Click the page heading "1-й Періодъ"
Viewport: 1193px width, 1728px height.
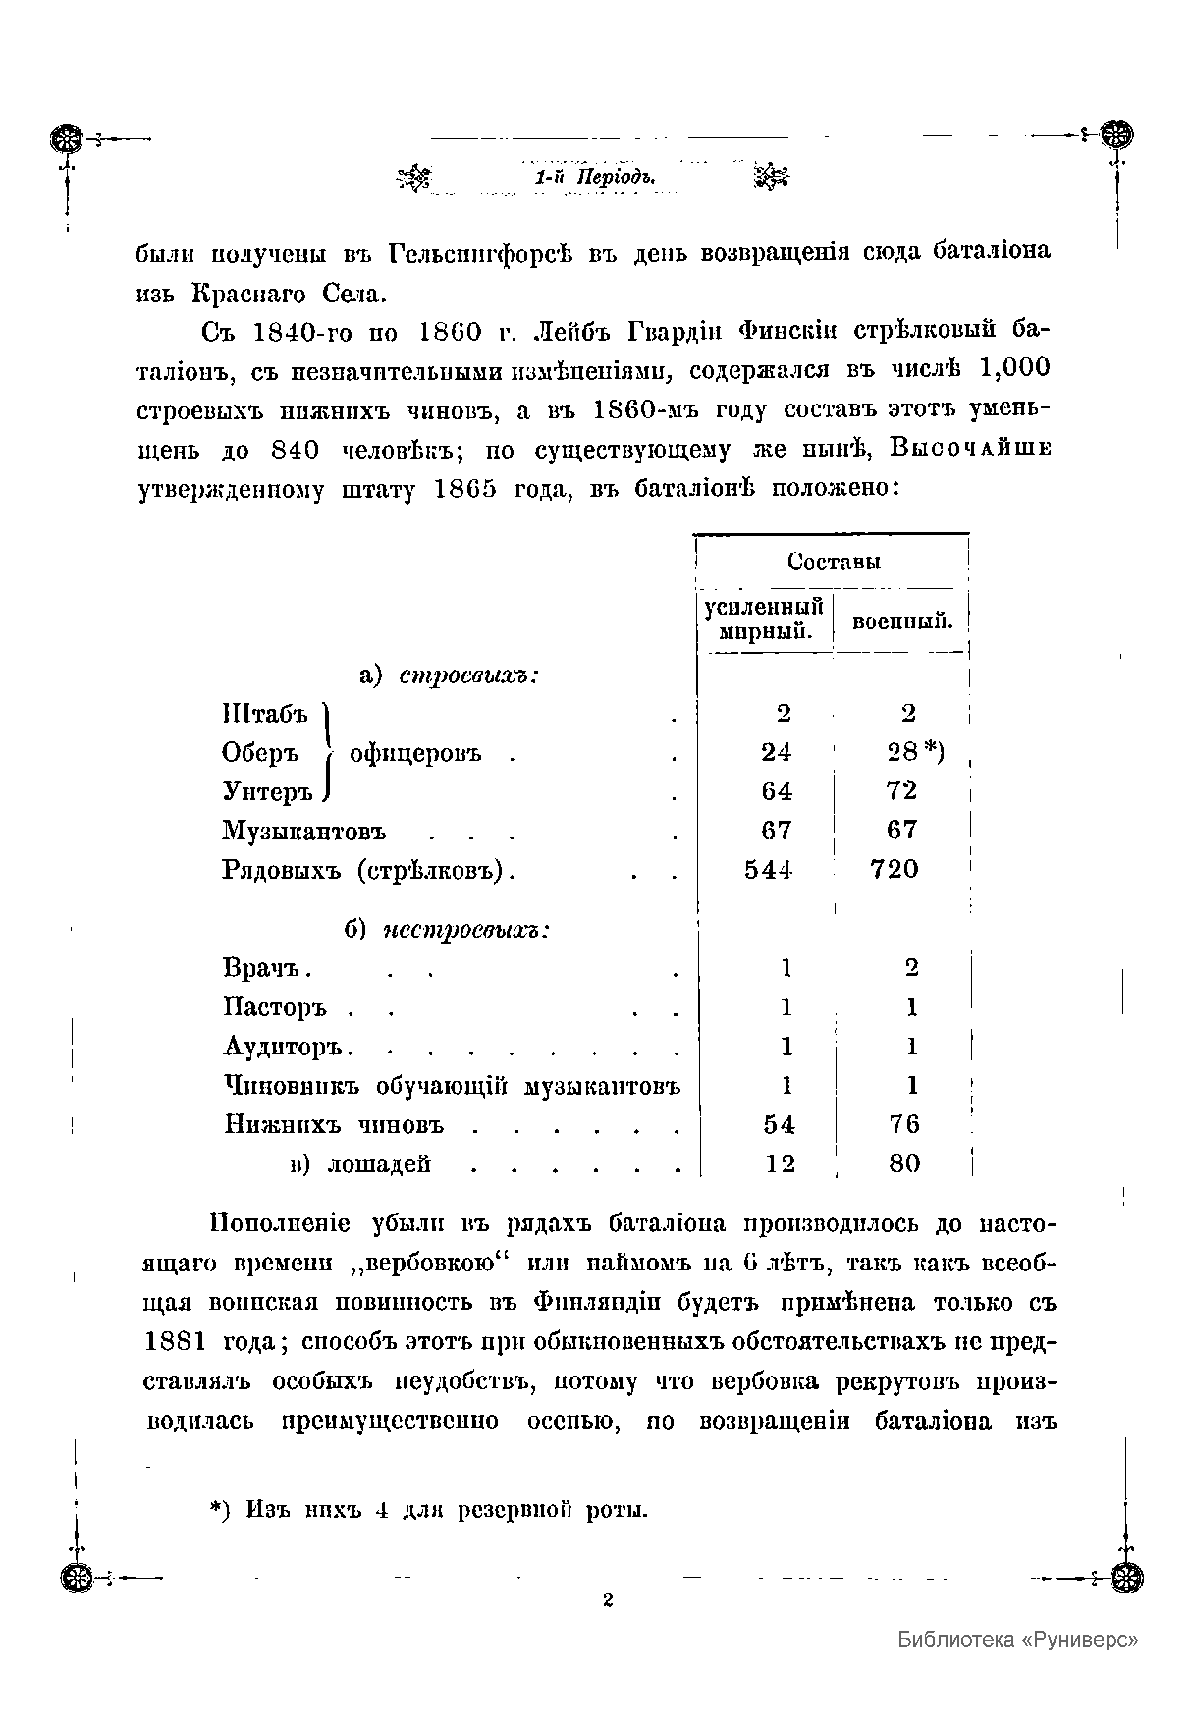click(x=593, y=178)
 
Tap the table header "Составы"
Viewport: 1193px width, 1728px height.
click(x=833, y=562)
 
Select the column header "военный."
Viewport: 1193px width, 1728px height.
click(x=901, y=621)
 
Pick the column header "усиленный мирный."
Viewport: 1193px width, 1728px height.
click(x=764, y=620)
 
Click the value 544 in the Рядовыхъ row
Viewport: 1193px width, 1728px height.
click(x=768, y=870)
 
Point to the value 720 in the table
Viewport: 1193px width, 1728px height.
click(x=895, y=870)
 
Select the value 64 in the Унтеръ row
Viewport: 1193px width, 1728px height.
click(x=776, y=791)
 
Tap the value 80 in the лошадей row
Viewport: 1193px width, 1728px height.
click(x=904, y=1164)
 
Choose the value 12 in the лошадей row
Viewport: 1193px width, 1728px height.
click(x=780, y=1164)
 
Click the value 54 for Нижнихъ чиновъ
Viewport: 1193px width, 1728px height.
click(x=779, y=1125)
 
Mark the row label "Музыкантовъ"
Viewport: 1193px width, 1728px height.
click(x=303, y=832)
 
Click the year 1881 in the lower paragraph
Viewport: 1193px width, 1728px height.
click(x=177, y=1343)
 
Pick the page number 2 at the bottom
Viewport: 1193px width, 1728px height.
click(x=608, y=1600)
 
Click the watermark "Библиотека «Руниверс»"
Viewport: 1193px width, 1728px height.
click(x=1018, y=1639)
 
